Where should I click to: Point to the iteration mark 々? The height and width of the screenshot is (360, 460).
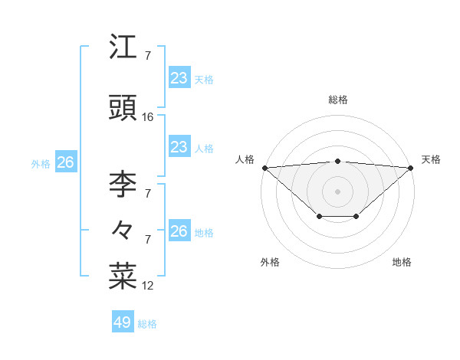[123, 228]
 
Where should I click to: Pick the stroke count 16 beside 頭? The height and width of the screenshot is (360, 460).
[148, 117]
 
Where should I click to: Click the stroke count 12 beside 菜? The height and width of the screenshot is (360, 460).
[148, 286]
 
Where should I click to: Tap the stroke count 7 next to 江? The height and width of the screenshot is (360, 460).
[148, 56]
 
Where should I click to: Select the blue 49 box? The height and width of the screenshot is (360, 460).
[123, 322]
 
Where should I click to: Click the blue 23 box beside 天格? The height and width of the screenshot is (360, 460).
[179, 77]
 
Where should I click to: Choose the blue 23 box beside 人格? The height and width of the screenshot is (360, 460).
[179, 147]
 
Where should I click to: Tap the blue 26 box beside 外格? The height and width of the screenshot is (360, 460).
[66, 162]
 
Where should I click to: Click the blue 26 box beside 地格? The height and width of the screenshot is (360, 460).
[179, 231]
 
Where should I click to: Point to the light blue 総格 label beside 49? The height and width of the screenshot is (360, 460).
[147, 324]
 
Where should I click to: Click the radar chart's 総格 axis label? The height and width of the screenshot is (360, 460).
[337, 100]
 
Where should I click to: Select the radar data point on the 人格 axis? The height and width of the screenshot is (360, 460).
[264, 168]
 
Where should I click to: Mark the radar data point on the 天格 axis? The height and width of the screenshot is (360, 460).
[411, 168]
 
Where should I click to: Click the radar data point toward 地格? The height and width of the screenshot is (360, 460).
[356, 217]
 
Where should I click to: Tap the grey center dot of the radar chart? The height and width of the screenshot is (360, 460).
[337, 191]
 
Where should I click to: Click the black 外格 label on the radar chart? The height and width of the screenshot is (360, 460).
[270, 263]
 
